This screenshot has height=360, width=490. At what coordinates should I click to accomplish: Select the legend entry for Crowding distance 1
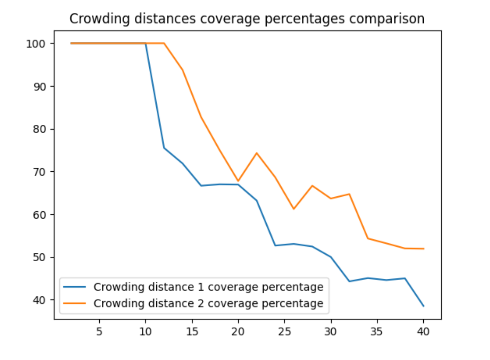(x=208, y=287)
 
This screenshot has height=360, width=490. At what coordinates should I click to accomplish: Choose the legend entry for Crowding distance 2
(x=208, y=303)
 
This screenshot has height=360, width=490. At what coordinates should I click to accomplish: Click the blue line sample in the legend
(x=74, y=287)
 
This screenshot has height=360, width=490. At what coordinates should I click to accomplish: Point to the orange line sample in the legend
(x=74, y=303)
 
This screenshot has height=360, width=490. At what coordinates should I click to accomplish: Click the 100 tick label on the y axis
(x=36, y=44)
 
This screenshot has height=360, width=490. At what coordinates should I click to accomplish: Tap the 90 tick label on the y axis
(x=40, y=87)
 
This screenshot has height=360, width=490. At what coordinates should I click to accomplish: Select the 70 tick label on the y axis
(x=40, y=172)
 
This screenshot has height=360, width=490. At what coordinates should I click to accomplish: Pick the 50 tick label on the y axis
(x=40, y=257)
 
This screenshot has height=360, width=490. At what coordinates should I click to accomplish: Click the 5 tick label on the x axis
(x=99, y=332)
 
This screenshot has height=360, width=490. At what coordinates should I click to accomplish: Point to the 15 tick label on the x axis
(x=192, y=332)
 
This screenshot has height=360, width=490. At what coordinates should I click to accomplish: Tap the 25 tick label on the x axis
(x=284, y=332)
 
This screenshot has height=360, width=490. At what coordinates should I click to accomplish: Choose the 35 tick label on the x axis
(x=377, y=332)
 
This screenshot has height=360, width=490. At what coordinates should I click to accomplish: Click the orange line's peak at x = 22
(x=257, y=153)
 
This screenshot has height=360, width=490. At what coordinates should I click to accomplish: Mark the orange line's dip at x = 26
(x=294, y=209)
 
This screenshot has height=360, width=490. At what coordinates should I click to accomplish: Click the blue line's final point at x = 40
(x=423, y=306)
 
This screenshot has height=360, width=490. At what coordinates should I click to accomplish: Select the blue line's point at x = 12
(x=164, y=148)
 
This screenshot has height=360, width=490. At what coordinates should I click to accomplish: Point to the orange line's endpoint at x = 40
(x=423, y=249)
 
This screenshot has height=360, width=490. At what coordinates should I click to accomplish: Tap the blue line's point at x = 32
(x=349, y=281)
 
